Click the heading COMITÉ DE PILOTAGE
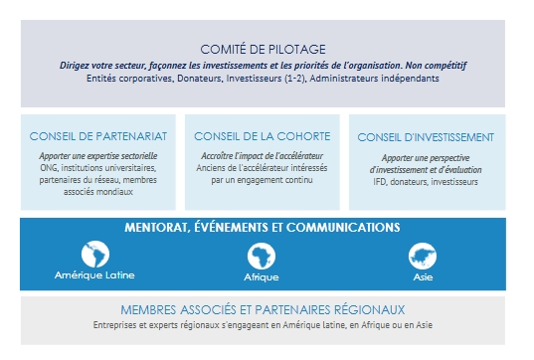point(263,50)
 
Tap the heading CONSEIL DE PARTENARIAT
point(98,136)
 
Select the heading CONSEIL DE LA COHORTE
point(263,136)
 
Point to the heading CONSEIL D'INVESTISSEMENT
point(426,137)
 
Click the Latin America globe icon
point(95,254)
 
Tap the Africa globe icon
point(262,256)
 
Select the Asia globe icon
point(423,256)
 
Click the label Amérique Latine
point(94,275)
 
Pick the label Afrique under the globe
point(262,277)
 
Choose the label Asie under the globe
point(423,277)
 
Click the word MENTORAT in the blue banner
point(157,228)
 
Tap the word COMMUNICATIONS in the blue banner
point(343,228)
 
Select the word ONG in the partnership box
point(49,168)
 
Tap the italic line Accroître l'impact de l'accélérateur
point(262,156)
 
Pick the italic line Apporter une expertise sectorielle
point(98,156)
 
